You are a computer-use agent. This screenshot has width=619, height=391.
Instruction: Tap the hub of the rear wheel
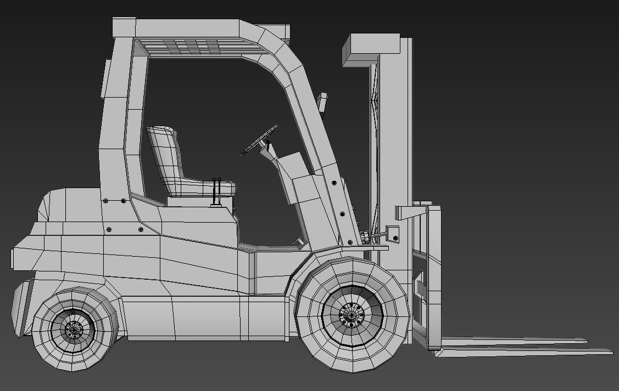point(73,330)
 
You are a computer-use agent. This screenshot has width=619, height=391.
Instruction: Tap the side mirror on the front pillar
point(322,103)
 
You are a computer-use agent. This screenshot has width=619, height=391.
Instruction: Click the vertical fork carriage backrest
point(433,277)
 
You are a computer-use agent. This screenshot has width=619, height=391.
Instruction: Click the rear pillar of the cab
point(113,126)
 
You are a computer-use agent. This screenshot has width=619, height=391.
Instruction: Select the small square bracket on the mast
point(393,233)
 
